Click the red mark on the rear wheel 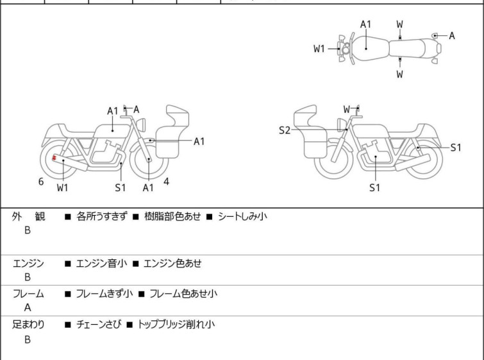[54, 158]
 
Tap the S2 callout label [284, 130]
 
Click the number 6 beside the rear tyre [41, 182]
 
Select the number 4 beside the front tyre [166, 182]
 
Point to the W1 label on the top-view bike [319, 49]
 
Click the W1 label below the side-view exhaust [62, 187]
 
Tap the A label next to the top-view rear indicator [451, 36]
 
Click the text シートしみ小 [242, 216]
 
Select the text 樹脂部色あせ [172, 216]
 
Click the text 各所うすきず [101, 216]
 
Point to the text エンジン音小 [101, 263]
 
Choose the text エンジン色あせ [172, 263]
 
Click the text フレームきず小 [104, 293]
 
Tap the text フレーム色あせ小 [183, 293]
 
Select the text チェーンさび [99, 324]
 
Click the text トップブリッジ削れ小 [176, 324]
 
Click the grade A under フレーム [28, 307]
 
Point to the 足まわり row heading [28, 324]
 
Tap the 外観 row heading [28, 216]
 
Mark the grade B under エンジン [28, 277]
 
